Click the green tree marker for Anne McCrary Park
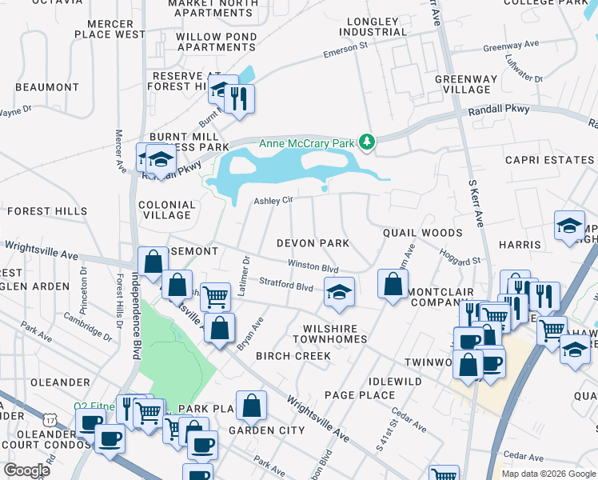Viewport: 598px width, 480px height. click(367, 142)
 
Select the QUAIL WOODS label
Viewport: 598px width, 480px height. click(422, 233)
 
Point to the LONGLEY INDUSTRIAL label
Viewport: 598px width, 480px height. click(373, 26)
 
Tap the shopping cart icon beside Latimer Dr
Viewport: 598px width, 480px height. click(215, 296)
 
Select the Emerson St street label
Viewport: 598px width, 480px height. click(345, 52)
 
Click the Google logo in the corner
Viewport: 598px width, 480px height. click(26, 470)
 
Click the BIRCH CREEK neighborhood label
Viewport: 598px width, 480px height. click(293, 356)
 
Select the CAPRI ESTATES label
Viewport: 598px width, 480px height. click(549, 160)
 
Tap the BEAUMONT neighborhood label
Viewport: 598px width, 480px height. click(46, 86)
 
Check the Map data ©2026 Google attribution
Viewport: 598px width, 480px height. click(548, 474)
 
